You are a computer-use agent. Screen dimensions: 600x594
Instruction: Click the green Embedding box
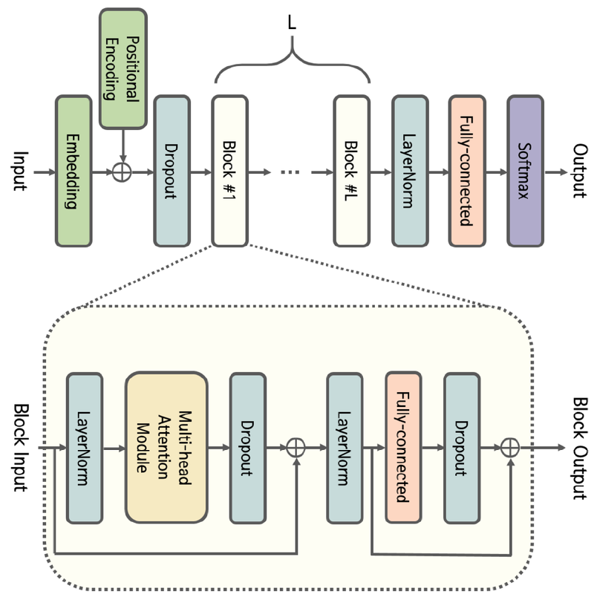[x=74, y=171]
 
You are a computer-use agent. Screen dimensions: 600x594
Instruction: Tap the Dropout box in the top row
[x=172, y=171]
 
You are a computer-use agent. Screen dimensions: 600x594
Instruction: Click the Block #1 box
[x=229, y=171]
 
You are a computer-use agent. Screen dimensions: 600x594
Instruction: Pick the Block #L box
[x=351, y=171]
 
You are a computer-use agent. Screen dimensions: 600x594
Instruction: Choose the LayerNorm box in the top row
[x=410, y=171]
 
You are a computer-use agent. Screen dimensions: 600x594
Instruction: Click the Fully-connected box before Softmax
[x=467, y=171]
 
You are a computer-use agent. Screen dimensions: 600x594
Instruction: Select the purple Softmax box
[x=525, y=171]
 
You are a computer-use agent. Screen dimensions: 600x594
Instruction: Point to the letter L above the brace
[x=292, y=23]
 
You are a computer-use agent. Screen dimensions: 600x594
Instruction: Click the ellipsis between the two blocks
[x=290, y=172]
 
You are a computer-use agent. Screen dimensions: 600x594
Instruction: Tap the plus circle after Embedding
[x=121, y=172]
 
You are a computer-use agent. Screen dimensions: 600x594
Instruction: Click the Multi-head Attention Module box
[x=166, y=448]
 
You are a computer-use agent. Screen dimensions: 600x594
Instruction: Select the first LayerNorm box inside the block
[x=84, y=448]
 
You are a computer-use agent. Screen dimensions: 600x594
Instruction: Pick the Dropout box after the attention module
[x=248, y=448]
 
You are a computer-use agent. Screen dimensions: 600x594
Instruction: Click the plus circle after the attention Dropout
[x=296, y=448]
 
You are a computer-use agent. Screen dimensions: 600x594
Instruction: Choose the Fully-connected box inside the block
[x=403, y=448]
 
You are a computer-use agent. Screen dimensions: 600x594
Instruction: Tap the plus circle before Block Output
[x=509, y=448]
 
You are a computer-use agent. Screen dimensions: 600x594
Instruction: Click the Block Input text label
[x=20, y=448]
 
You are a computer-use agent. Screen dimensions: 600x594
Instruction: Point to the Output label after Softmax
[x=578, y=172]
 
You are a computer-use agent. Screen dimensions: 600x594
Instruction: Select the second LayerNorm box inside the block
[x=344, y=448]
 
